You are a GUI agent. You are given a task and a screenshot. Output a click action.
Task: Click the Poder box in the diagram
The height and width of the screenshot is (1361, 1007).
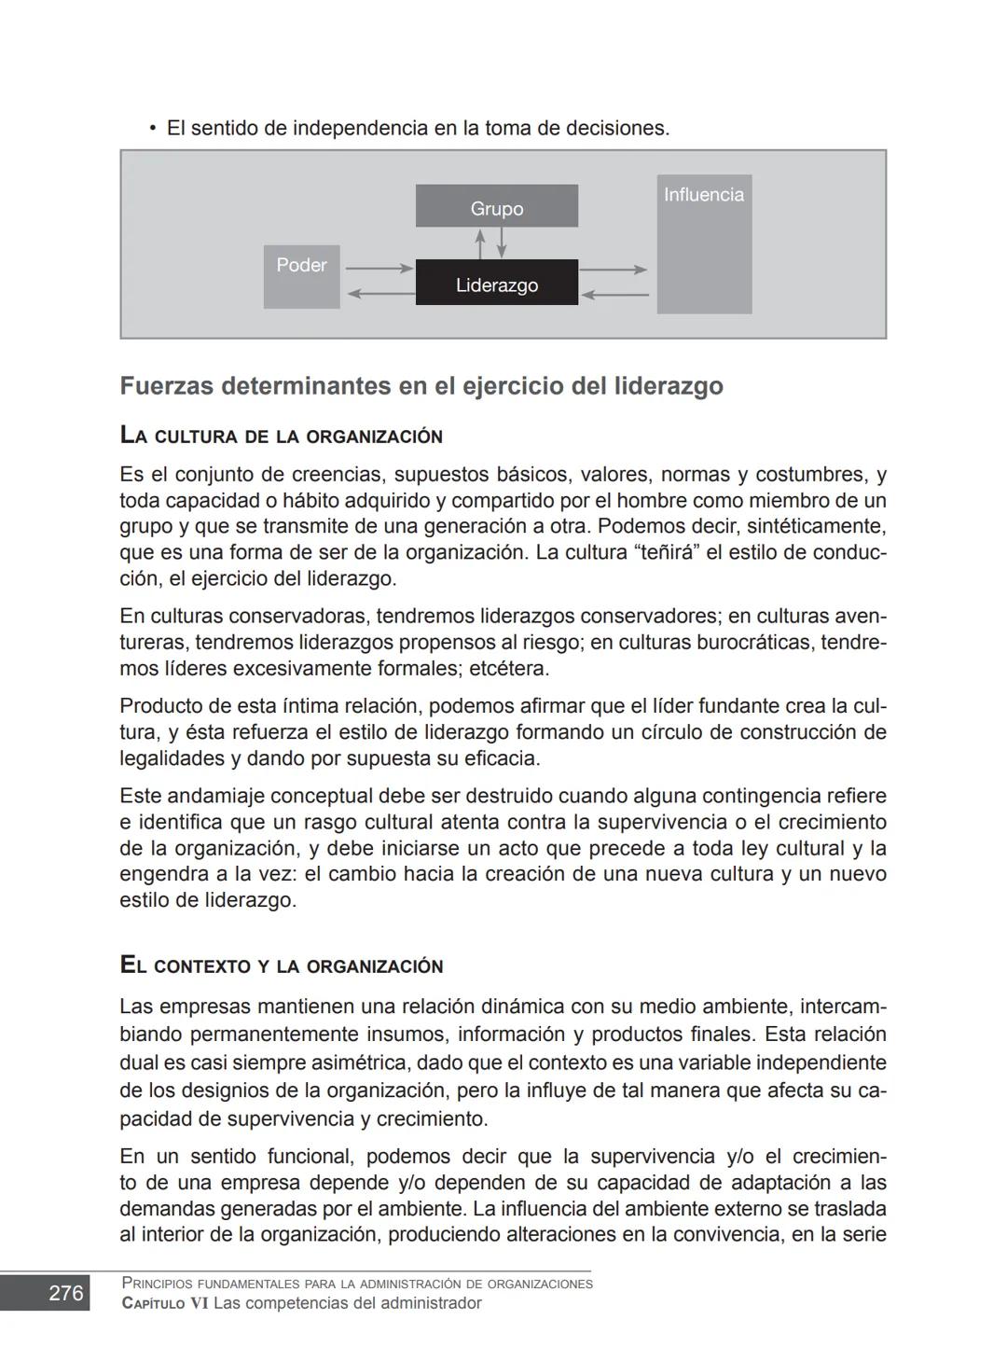(301, 276)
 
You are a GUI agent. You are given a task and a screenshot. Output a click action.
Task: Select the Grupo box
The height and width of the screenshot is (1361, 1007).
(496, 206)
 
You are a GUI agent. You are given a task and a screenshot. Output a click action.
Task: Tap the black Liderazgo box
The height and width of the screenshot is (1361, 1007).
(496, 283)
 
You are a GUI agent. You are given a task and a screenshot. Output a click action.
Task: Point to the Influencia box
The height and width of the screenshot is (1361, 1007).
(704, 243)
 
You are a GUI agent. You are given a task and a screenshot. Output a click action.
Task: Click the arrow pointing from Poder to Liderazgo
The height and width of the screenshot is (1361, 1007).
(379, 269)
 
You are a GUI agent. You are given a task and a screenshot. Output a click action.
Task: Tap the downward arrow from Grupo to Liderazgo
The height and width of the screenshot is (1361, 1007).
(502, 243)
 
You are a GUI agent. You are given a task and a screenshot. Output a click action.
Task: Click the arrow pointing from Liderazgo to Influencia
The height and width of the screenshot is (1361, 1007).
(613, 270)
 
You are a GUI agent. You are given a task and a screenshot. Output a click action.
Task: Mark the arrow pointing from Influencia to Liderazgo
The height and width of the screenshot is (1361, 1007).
(614, 295)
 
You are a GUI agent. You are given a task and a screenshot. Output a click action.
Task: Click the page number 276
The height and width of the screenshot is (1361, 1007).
(65, 1293)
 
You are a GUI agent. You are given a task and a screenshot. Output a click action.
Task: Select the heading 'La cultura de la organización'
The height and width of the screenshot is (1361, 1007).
(281, 436)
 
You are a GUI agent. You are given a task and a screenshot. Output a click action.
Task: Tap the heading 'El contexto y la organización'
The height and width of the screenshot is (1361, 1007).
(281, 965)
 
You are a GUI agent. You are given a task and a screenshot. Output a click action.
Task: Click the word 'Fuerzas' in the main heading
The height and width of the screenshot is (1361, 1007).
(166, 386)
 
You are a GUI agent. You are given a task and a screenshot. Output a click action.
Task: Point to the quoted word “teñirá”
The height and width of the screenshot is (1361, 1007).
(666, 552)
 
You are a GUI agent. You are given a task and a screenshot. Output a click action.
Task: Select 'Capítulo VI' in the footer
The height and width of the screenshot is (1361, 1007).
(165, 1303)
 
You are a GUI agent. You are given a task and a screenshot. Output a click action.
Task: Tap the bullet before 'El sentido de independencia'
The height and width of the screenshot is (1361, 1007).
(152, 128)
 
